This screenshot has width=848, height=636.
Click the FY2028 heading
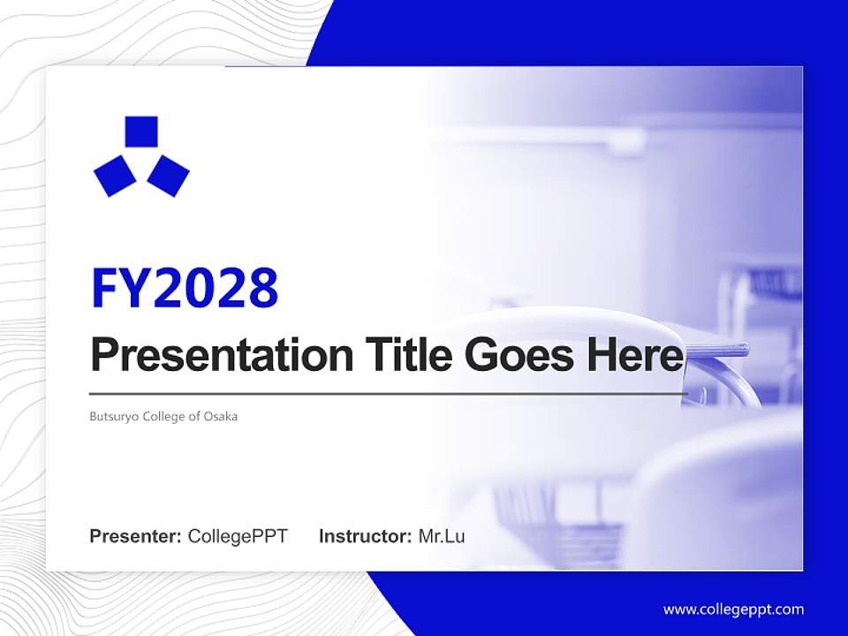coord(185,288)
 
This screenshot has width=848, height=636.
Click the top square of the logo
coord(141,132)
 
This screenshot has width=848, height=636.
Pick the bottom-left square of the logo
coord(115,175)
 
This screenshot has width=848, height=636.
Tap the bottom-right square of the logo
coord(168,175)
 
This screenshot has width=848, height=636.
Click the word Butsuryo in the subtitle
coord(110,416)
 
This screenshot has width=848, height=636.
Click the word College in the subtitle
coord(159,416)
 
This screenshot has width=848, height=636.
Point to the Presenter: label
coord(136,536)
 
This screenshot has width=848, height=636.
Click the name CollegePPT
coord(238,536)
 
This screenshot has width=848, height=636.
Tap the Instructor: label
coord(365,536)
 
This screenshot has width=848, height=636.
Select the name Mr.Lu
coord(441,536)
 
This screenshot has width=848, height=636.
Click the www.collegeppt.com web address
coord(733,609)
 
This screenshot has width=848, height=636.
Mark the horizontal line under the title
coord(389,393)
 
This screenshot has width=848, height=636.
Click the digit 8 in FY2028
coord(262,288)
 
